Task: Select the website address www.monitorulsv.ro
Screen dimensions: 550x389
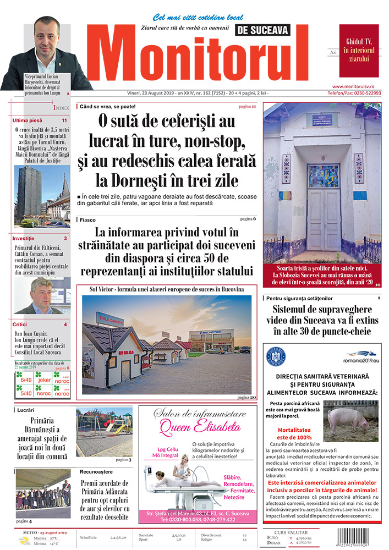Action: click(x=357, y=86)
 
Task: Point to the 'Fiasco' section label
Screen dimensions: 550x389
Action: click(x=87, y=219)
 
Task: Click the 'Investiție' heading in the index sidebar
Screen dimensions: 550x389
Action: click(x=25, y=238)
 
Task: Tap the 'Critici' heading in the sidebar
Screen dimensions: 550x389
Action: click(x=20, y=324)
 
